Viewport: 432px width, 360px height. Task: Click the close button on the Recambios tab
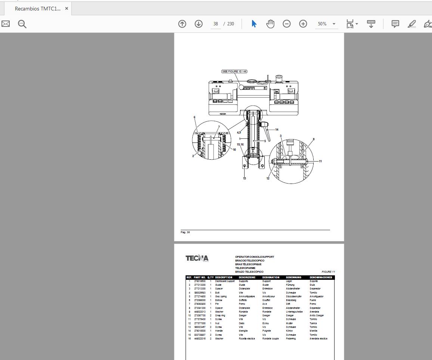coord(66,9)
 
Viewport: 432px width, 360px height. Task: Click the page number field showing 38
coord(215,24)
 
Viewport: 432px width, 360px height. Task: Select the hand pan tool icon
coord(270,24)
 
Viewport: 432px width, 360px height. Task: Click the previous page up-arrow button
coord(182,24)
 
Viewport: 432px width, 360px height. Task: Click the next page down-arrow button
coord(199,24)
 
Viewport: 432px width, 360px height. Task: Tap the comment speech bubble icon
coord(395,24)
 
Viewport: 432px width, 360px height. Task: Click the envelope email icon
coord(6,24)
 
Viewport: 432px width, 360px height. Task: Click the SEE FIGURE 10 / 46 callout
coord(234,71)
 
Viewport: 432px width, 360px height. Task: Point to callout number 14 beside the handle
coord(277,130)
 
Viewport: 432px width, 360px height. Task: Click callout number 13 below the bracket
coord(245,178)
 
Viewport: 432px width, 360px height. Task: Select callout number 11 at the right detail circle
coord(320,161)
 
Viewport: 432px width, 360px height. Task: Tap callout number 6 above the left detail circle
coord(195,118)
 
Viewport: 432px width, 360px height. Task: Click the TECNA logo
coord(197,258)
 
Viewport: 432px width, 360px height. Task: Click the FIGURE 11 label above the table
coord(328,272)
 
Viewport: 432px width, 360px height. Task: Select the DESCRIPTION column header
coord(224,278)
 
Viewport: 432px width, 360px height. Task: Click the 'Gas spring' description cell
coord(221,297)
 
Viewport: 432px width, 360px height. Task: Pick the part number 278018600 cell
coord(200,281)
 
